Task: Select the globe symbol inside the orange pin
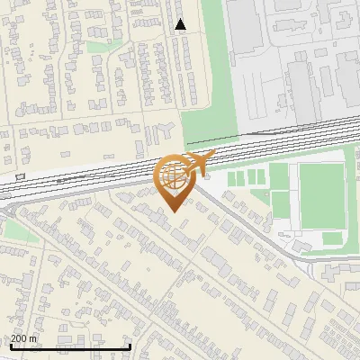[x=174, y=176]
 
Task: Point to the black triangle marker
[x=181, y=24]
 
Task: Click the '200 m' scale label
[x=24, y=338]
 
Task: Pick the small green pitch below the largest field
[x=332, y=239]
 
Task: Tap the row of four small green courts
[x=247, y=178]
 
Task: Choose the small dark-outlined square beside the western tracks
[x=20, y=175]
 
